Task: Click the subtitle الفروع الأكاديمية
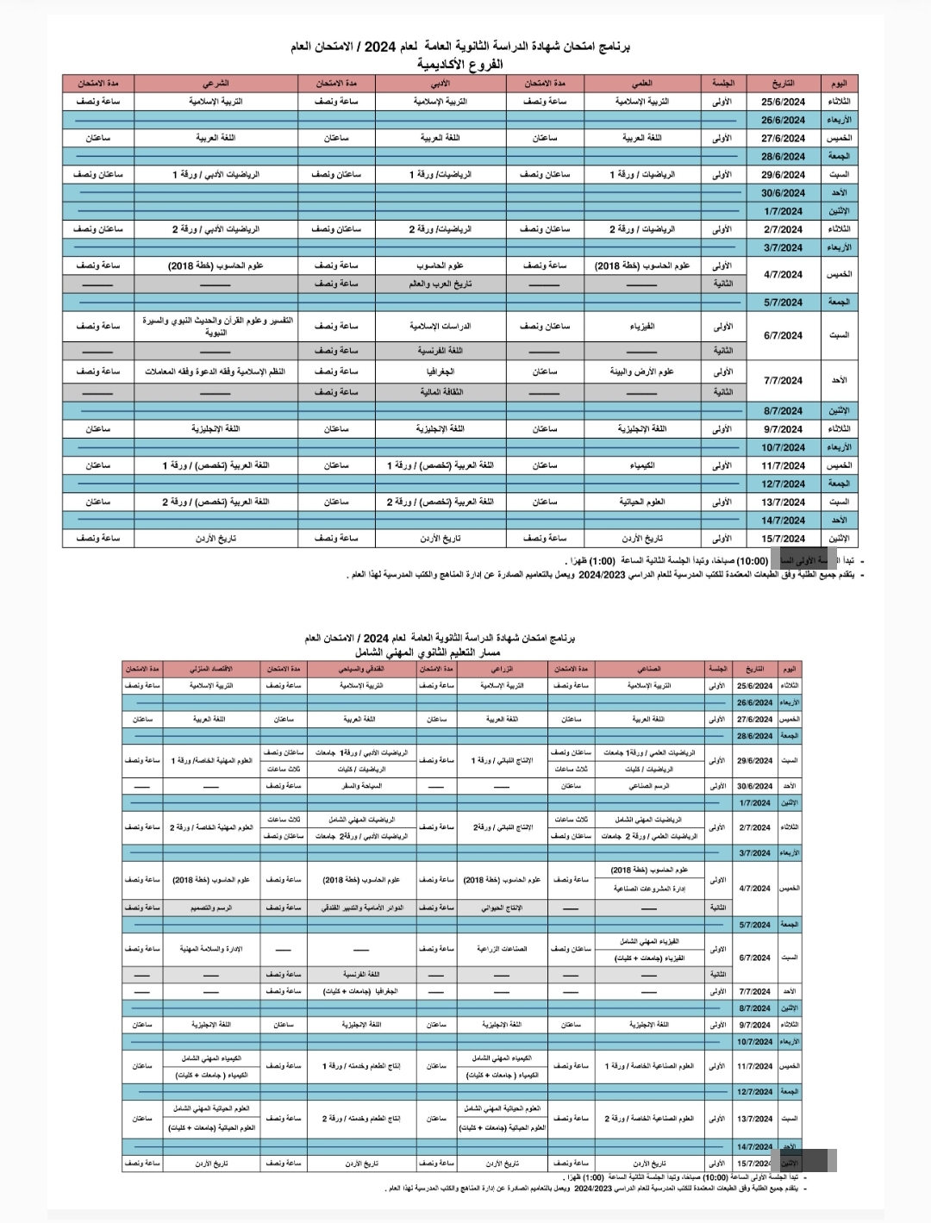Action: [459, 65]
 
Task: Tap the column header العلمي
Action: [641, 84]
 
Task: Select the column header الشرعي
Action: [216, 84]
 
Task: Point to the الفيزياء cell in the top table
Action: [642, 327]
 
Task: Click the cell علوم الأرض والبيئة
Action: [642, 371]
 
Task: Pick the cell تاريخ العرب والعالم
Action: [441, 284]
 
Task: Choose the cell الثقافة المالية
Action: [441, 392]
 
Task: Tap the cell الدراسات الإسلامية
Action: [441, 327]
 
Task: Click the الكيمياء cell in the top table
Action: [642, 465]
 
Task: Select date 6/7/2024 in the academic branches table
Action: [783, 336]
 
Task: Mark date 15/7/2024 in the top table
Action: [783, 539]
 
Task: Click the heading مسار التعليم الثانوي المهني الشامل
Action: [440, 653]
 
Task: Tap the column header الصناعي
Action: [649, 669]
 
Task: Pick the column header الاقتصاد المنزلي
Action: [210, 669]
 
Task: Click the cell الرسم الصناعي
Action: [649, 786]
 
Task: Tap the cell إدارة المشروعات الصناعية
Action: [649, 889]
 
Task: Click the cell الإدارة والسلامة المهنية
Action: [210, 949]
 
